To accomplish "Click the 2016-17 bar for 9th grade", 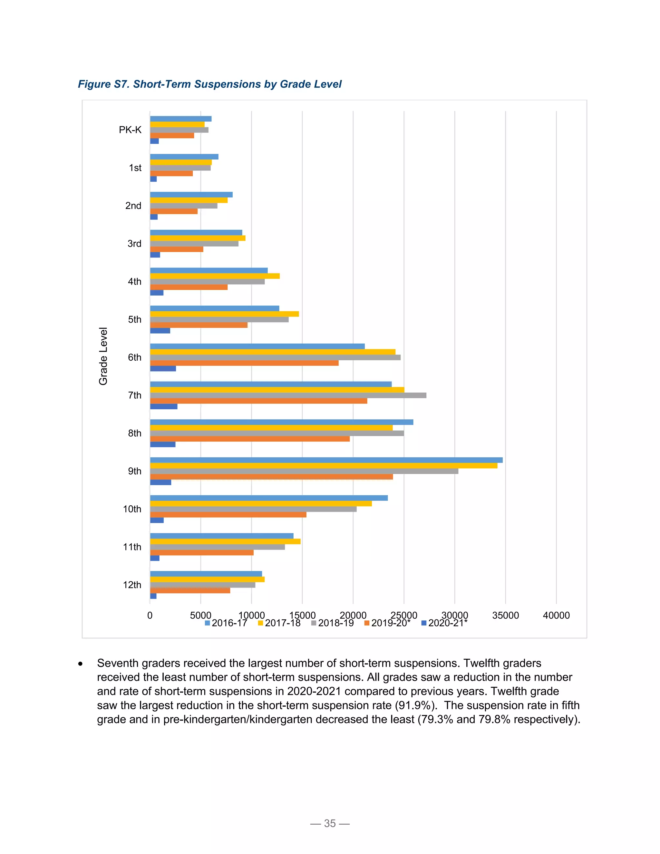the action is click(326, 460).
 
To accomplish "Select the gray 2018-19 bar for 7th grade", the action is click(288, 395).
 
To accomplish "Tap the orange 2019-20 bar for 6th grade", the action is click(244, 363).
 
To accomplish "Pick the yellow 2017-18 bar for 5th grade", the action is click(224, 314).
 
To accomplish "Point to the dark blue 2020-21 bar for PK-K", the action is click(154, 141).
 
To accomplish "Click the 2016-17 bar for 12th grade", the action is click(206, 574).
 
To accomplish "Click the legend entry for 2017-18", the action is click(279, 623).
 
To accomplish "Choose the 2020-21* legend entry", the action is click(444, 623).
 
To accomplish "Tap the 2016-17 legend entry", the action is click(226, 623).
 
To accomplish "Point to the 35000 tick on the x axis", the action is click(506, 615).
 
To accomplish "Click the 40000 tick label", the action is click(556, 615).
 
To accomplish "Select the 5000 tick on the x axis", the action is click(200, 615).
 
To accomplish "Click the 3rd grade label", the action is click(134, 244).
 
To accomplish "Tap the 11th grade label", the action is click(132, 547).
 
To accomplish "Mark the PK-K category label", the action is click(130, 130).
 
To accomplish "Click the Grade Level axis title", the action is click(103, 356).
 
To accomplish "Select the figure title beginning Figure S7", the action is click(209, 84).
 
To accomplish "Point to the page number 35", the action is click(330, 823).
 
